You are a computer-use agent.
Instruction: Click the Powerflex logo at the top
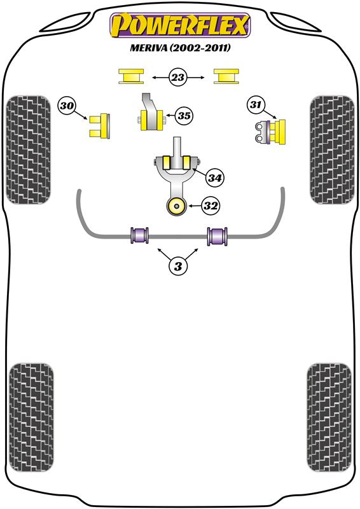181,26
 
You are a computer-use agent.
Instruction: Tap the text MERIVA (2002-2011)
181,48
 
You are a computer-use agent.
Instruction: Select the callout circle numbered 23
178,78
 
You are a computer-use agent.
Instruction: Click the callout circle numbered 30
66,106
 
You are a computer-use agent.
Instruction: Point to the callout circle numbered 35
184,116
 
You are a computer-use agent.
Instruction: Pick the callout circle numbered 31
255,104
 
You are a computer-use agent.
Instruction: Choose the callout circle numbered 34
215,179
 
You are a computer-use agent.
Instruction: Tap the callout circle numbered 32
211,206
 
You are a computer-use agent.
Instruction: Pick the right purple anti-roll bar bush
218,235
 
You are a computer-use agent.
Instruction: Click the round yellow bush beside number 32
175,206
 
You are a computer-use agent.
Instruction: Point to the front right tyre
331,150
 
